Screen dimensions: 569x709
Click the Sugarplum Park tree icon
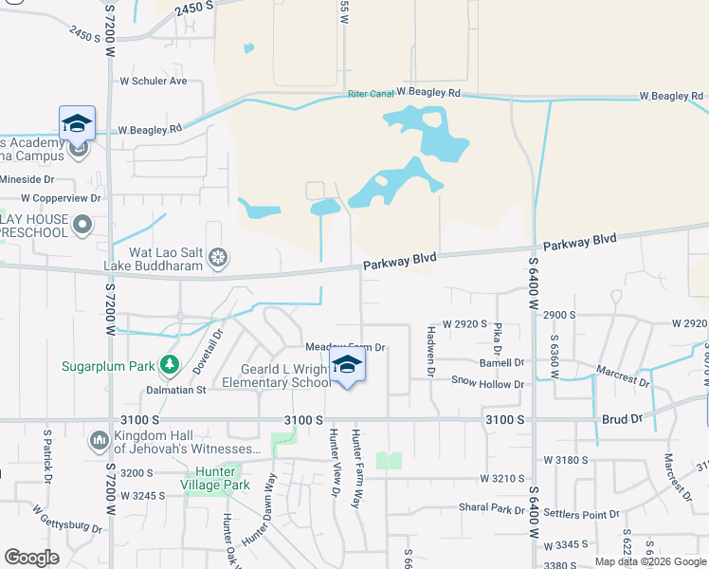pos(170,364)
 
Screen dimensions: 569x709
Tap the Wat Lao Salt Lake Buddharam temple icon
pos(219,256)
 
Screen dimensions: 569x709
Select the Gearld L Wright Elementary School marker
pos(348,366)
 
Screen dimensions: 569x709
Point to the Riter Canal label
pos(371,94)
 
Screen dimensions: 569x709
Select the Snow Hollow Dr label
pos(487,383)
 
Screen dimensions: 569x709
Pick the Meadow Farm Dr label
pos(345,347)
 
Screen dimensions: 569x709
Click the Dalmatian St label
pos(175,390)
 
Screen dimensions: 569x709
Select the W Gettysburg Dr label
pos(67,518)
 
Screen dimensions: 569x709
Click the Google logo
pos(31,558)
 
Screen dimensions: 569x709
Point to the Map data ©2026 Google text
pos(649,561)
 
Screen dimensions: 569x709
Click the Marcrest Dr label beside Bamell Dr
pos(623,376)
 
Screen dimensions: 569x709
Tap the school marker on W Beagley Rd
pos(77,123)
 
